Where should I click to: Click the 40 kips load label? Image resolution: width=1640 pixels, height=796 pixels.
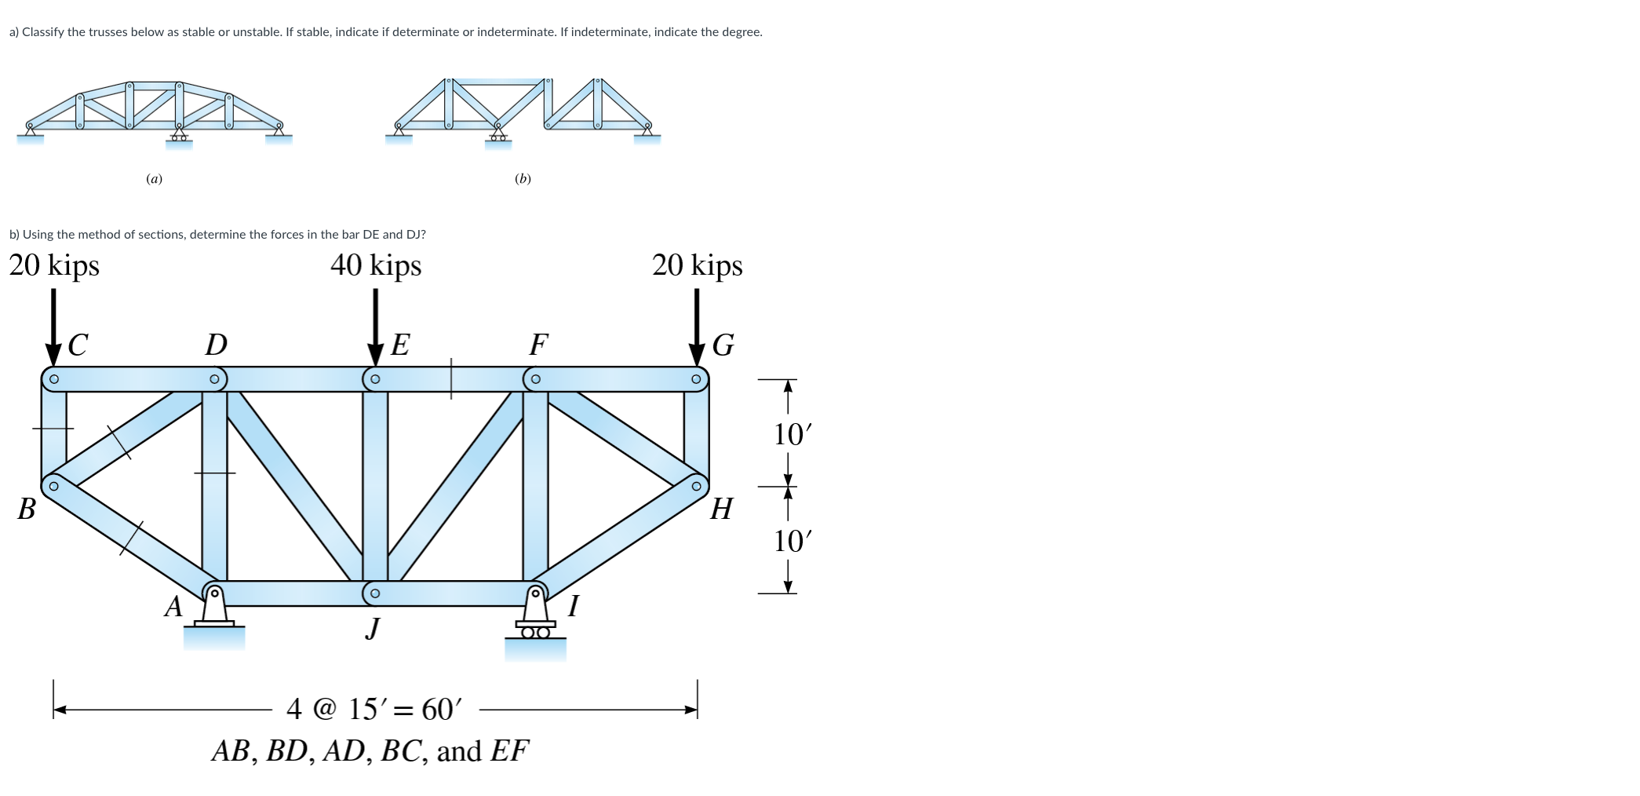pyautogui.click(x=376, y=265)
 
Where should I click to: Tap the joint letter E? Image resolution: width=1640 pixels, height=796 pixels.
pyautogui.click(x=400, y=345)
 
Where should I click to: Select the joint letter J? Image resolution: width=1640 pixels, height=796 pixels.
pyautogui.click(x=374, y=628)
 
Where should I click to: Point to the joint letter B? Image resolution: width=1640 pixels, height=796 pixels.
pyautogui.click(x=27, y=509)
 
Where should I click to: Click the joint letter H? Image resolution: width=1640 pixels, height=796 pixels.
pyautogui.click(x=721, y=509)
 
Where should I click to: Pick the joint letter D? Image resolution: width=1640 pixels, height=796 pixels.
pyautogui.click(x=216, y=345)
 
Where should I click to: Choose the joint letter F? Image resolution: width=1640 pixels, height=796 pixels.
pyautogui.click(x=538, y=345)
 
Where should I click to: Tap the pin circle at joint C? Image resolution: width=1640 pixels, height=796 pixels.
pyautogui.click(x=53, y=379)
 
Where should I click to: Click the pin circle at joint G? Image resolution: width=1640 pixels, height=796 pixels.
pyautogui.click(x=696, y=379)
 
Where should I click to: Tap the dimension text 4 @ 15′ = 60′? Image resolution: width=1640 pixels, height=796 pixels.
pyautogui.click(x=374, y=710)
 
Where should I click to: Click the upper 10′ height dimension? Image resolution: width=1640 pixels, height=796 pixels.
pyautogui.click(x=792, y=434)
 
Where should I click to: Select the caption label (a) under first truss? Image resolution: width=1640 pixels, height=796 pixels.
pyautogui.click(x=155, y=179)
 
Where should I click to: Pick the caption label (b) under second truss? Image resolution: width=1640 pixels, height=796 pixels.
pyautogui.click(x=523, y=179)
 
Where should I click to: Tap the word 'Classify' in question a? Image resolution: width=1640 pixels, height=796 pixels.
pyautogui.click(x=44, y=32)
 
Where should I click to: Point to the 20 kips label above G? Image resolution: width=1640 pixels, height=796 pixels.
pyautogui.click(x=697, y=265)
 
